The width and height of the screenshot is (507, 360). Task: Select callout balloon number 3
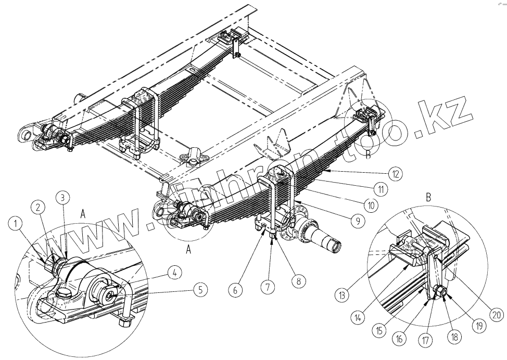[62, 197]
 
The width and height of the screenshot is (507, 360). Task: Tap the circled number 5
[200, 290]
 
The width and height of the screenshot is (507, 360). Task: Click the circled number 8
[299, 282]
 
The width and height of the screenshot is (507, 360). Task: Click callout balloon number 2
[38, 207]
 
